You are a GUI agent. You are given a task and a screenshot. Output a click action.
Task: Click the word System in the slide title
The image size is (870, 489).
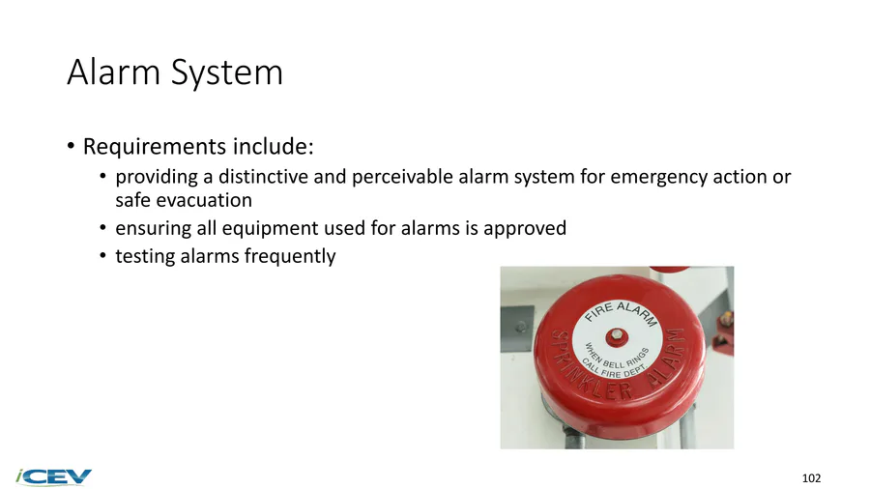click(227, 73)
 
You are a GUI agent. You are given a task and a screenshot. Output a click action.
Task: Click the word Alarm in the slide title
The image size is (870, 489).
click(114, 72)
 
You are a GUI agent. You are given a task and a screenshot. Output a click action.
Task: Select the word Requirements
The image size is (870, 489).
click(155, 147)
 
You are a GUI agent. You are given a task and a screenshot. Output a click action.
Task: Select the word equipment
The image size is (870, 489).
click(272, 229)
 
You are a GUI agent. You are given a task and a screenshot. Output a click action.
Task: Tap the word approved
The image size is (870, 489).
click(525, 229)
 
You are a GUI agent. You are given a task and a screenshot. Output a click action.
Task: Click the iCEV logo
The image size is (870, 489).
click(54, 477)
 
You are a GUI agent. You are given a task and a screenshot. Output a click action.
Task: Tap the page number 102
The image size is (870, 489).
click(811, 478)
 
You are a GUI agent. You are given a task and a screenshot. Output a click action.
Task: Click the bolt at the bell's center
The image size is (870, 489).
click(616, 335)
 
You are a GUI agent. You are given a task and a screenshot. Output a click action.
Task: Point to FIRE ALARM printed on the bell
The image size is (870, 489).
click(622, 312)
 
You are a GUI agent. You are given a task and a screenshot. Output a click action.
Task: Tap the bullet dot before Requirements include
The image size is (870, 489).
click(71, 146)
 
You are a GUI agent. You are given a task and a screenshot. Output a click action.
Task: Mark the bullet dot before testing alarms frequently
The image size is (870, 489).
click(102, 256)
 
